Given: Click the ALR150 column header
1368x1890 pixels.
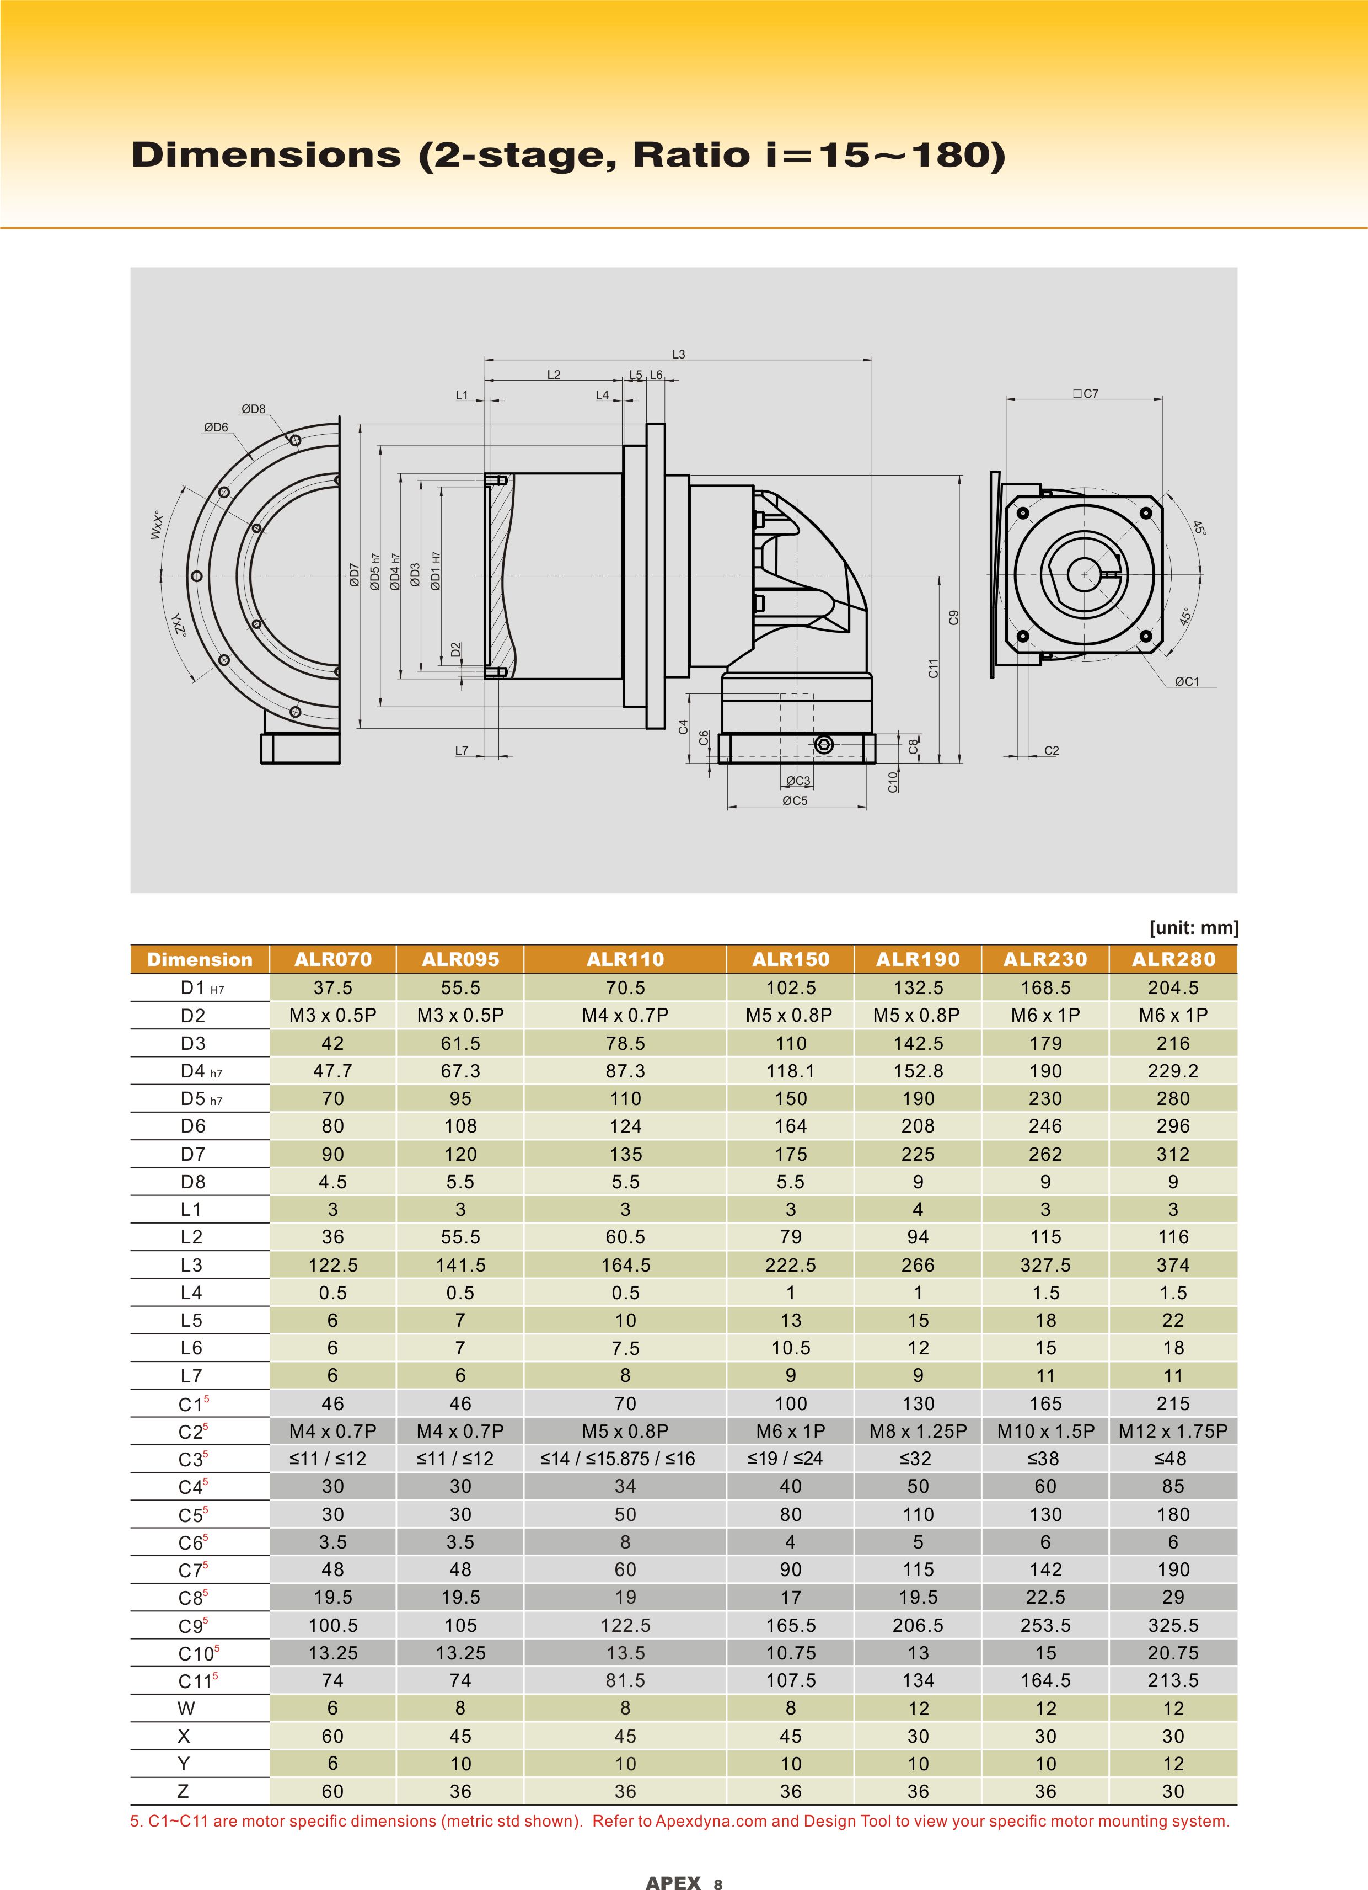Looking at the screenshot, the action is point(791,959).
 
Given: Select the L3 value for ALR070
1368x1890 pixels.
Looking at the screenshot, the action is point(332,1265).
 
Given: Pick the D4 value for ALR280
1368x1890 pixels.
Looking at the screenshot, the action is point(1173,1071).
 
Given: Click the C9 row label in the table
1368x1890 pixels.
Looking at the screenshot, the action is point(194,1626).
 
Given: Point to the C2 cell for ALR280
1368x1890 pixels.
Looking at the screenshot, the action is point(1173,1431).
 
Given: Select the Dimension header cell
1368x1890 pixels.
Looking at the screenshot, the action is point(200,959).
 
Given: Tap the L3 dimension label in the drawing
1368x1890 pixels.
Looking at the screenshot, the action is point(679,354).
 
